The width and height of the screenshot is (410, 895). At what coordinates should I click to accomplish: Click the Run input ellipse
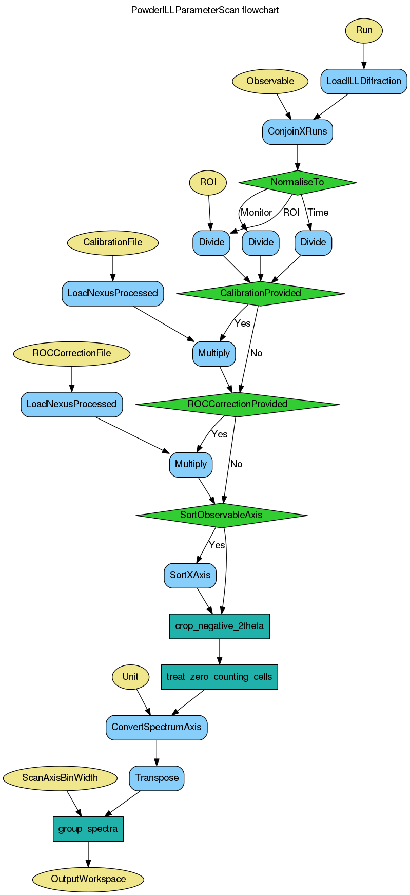tap(364, 30)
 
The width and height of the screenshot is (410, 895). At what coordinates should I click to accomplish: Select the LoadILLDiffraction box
tap(364, 81)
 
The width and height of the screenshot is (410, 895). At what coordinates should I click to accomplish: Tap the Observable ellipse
tap(270, 81)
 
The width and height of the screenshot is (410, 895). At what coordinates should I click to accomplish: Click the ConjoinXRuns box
tap(297, 131)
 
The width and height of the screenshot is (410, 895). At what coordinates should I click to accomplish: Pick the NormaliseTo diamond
tap(297, 182)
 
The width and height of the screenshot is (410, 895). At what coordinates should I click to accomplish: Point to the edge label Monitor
tap(256, 212)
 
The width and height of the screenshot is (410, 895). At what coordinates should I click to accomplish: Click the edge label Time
tap(318, 212)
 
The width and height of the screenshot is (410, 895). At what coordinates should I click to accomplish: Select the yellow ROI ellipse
tap(208, 182)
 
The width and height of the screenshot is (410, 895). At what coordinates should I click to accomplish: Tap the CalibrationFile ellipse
tap(113, 242)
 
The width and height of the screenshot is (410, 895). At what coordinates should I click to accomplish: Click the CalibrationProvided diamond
tap(260, 293)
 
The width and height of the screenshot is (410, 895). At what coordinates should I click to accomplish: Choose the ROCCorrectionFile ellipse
tap(72, 353)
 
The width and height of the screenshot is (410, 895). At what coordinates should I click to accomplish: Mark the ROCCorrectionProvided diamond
tap(237, 404)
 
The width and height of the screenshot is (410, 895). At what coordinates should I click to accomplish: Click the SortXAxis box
tap(190, 575)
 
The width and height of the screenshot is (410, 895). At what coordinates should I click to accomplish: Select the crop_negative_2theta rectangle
tap(219, 626)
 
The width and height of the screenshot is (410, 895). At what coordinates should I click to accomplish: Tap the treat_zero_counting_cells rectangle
tap(219, 676)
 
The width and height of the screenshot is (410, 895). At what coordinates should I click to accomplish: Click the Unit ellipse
tap(130, 676)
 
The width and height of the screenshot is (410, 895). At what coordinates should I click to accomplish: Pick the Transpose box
tap(157, 778)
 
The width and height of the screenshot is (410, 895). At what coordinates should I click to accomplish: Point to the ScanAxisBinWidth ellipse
tap(60, 778)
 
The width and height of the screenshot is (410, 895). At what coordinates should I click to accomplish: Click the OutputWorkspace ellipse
tap(88, 879)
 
